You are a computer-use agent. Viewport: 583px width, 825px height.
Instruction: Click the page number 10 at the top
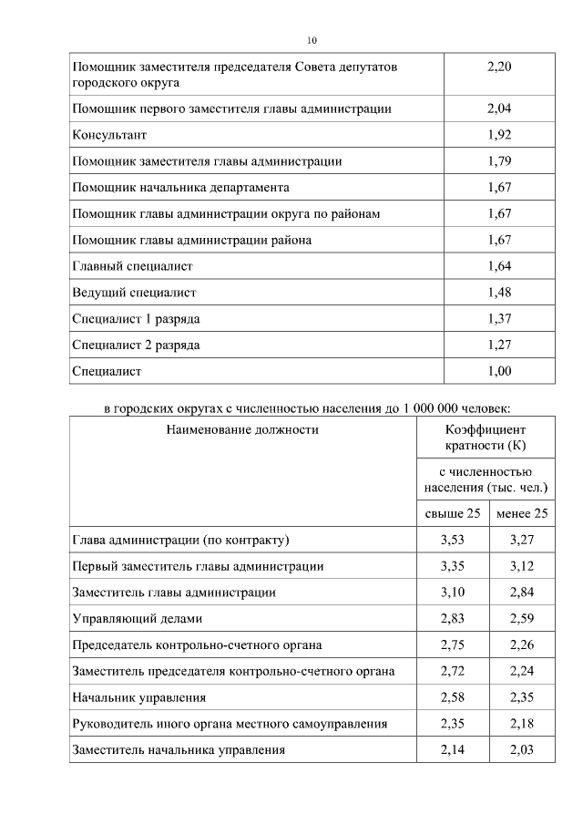point(312,40)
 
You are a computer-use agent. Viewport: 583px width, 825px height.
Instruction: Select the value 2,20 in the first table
point(499,67)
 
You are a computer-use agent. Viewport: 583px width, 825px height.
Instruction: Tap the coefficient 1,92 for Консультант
point(499,135)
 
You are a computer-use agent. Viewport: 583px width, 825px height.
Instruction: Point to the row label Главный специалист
point(132,266)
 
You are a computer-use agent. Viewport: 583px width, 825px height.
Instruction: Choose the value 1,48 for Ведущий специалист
point(499,293)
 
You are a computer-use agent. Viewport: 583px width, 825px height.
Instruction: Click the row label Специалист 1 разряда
point(136,319)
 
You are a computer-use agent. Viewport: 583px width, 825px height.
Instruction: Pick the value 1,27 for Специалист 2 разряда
point(499,345)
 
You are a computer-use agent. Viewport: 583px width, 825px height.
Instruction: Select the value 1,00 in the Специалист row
point(499,371)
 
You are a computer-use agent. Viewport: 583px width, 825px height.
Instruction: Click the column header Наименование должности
point(242,428)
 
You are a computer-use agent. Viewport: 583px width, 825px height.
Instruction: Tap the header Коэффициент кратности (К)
point(486,438)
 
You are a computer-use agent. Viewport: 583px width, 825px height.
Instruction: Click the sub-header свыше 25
point(453,513)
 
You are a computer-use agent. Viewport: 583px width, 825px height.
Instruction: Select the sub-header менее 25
point(522,513)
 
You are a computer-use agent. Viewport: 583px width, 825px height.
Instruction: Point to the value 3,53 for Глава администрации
point(453,540)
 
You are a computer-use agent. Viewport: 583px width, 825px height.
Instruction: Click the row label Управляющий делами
point(130,619)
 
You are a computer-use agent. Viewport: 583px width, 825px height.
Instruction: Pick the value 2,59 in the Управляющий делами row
point(522,619)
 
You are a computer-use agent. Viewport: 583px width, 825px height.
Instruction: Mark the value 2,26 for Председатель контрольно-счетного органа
point(522,645)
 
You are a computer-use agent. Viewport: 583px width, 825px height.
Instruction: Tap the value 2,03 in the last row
point(522,750)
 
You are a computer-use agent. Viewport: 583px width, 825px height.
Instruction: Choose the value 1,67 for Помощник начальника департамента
point(499,188)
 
